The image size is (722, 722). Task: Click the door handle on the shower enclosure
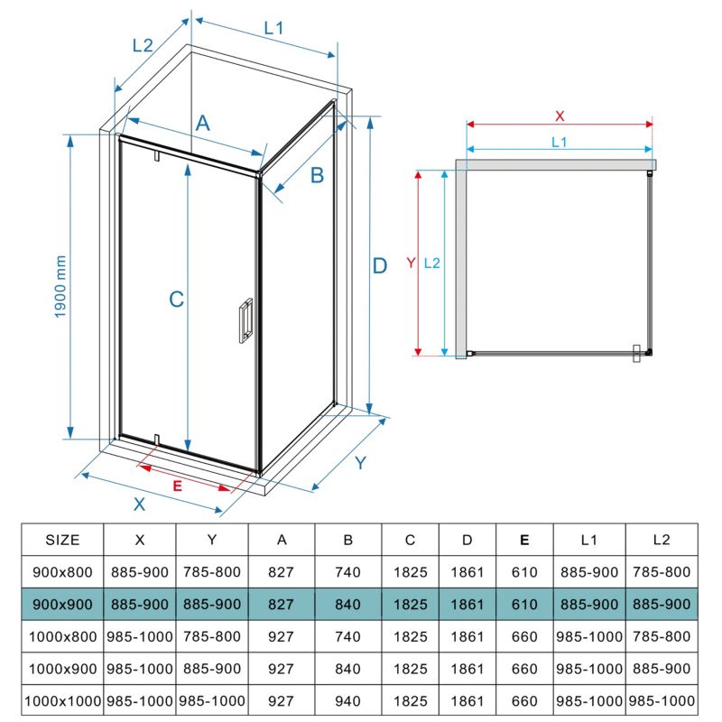click(x=245, y=320)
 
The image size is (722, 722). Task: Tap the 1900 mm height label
click(x=60, y=287)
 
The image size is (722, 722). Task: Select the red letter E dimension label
click(x=177, y=486)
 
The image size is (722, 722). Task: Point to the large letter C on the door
click(x=177, y=300)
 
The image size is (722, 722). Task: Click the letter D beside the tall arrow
click(x=379, y=266)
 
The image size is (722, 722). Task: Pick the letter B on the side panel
click(x=317, y=175)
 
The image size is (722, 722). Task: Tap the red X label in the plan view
click(x=560, y=116)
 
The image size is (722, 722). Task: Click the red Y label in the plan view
click(x=412, y=263)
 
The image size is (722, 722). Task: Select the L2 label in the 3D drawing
click(x=143, y=46)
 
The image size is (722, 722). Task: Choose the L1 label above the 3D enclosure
click(x=273, y=29)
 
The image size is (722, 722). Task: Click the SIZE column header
click(x=62, y=540)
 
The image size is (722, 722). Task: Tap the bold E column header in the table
click(x=524, y=540)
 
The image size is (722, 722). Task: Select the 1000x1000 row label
click(x=62, y=701)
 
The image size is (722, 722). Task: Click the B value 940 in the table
click(x=347, y=701)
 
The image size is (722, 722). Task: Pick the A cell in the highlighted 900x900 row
click(x=281, y=604)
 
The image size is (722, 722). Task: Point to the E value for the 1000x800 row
click(x=524, y=636)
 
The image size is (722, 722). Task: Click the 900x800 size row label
click(x=62, y=572)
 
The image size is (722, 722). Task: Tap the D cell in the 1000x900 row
click(x=467, y=669)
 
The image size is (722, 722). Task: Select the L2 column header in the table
click(x=662, y=540)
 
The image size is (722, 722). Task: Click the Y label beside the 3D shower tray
click(x=360, y=463)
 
